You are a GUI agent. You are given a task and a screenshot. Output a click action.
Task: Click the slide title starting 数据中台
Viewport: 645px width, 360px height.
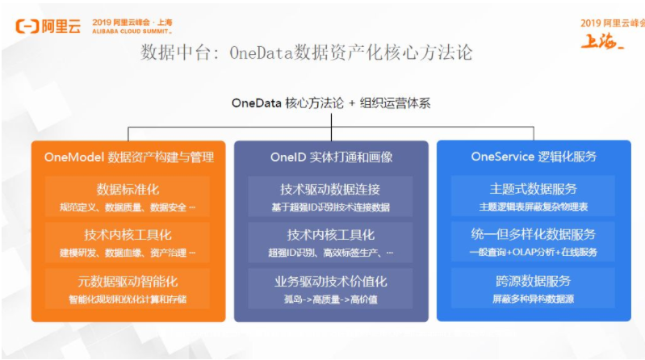307,53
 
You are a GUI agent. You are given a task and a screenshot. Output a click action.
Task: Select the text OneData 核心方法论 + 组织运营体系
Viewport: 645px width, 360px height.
331,103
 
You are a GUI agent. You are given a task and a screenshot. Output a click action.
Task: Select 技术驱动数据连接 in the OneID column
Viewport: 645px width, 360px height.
331,190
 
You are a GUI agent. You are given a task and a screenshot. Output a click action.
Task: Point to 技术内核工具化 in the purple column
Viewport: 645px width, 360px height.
331,236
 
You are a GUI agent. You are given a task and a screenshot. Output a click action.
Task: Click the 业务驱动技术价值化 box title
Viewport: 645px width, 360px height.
331,282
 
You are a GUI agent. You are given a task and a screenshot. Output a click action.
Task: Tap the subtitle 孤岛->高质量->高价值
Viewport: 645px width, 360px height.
331,299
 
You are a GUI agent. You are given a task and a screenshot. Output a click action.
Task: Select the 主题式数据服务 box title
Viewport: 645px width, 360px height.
534,190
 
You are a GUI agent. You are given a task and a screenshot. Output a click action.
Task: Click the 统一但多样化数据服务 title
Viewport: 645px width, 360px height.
534,235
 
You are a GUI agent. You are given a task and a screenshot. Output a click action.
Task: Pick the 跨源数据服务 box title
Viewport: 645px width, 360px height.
534,281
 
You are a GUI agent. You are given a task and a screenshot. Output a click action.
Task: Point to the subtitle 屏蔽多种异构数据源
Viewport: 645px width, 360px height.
534,299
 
